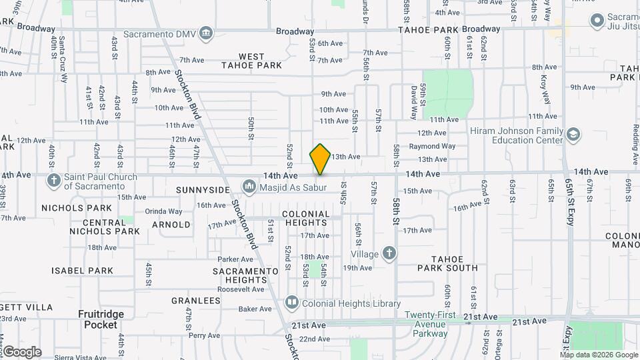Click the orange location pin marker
coord(321,159)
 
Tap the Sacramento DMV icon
coord(206,33)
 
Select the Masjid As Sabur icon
coord(249,185)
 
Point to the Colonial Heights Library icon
coord(291,303)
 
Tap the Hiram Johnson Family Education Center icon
coord(572,135)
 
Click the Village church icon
coord(389,253)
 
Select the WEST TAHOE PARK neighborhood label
coord(251,61)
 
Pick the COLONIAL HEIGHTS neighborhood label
coord(306,219)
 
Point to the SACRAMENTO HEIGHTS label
coord(245,276)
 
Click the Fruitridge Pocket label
coord(100,319)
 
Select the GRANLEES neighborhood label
coord(196,301)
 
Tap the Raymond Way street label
coord(432,146)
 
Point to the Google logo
coord(22,352)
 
